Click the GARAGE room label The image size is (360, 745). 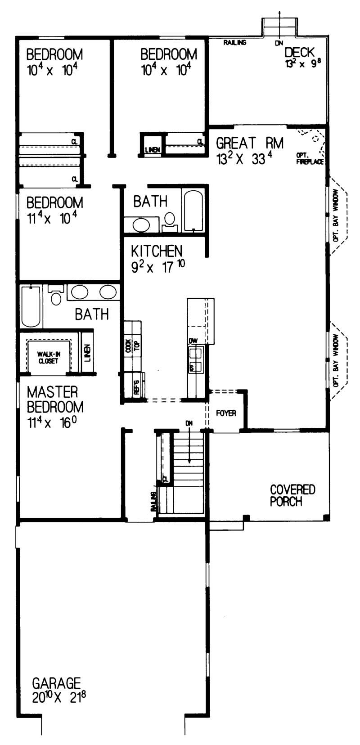pos(56,683)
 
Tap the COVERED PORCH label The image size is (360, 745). pos(292,495)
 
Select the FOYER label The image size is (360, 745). pos(226,413)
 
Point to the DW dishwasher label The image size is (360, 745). pos(193,341)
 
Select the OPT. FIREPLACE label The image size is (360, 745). pos(310,159)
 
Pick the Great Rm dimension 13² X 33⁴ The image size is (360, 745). pos(246,159)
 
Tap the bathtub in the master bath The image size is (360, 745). pos(31,306)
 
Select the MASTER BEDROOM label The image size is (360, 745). pos(55,399)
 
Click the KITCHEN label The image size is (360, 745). pos(157,251)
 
